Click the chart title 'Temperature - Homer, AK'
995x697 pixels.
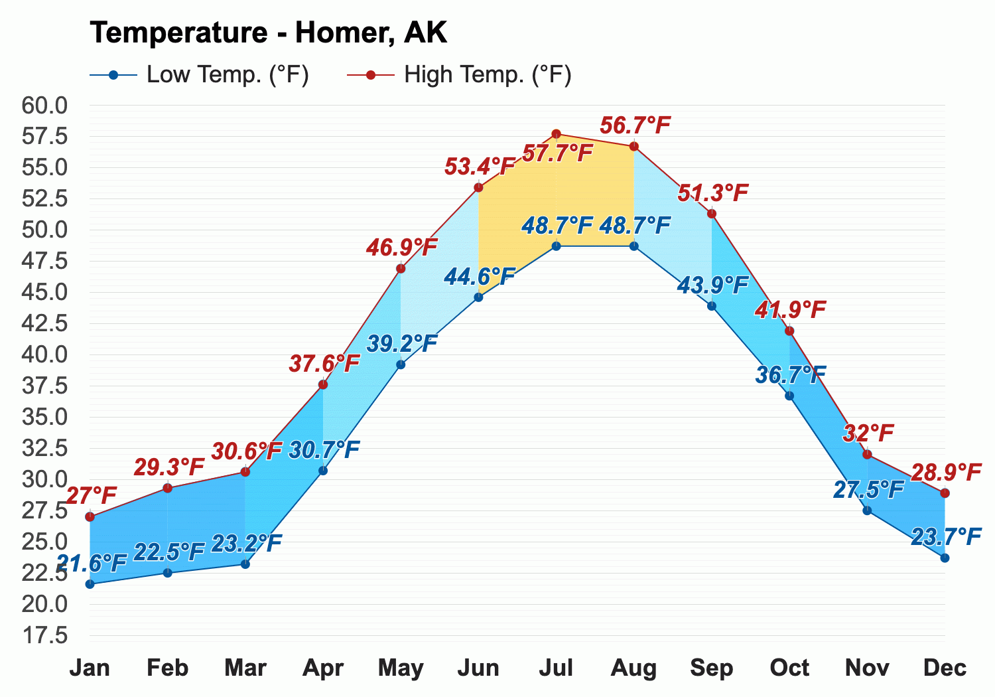pos(268,33)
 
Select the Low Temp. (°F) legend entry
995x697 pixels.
pos(199,74)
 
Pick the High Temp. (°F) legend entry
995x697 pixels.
pos(459,74)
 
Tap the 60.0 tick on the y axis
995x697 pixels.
pos(44,106)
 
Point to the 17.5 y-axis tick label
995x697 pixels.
pos(44,636)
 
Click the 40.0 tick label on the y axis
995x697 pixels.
pos(44,354)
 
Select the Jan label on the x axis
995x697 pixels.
pos(90,668)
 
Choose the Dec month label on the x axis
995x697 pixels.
pos(945,668)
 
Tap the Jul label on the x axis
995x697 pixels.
pos(556,668)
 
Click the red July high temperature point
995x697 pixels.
pos(556,134)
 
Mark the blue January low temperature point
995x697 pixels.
pos(90,584)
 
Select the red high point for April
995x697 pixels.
pos(323,384)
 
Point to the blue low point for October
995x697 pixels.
pos(789,396)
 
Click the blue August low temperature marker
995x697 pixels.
pos(634,246)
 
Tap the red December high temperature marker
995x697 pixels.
pos(945,493)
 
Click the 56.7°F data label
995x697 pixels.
pos(635,125)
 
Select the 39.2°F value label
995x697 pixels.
pos(402,344)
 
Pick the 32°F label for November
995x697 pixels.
pos(868,433)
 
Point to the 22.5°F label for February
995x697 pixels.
pos(168,552)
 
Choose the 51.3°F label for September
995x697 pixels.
pos(713,193)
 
